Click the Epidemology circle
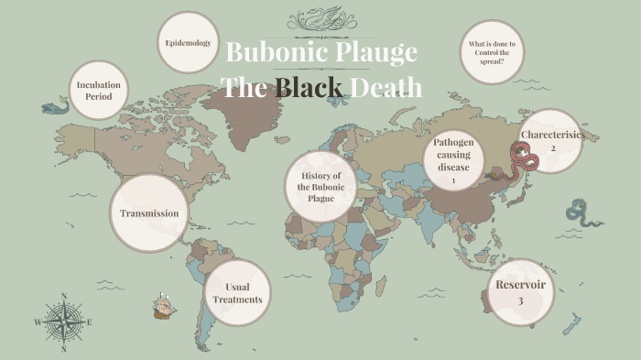click(188, 43)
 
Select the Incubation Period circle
click(99, 91)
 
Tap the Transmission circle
click(149, 213)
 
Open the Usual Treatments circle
click(237, 292)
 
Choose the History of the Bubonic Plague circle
click(320, 187)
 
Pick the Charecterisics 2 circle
click(552, 141)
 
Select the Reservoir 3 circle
click(520, 292)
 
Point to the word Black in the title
click(310, 88)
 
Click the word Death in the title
click(388, 88)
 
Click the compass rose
click(63, 322)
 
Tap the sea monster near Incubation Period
click(54, 108)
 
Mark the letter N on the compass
click(63, 296)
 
